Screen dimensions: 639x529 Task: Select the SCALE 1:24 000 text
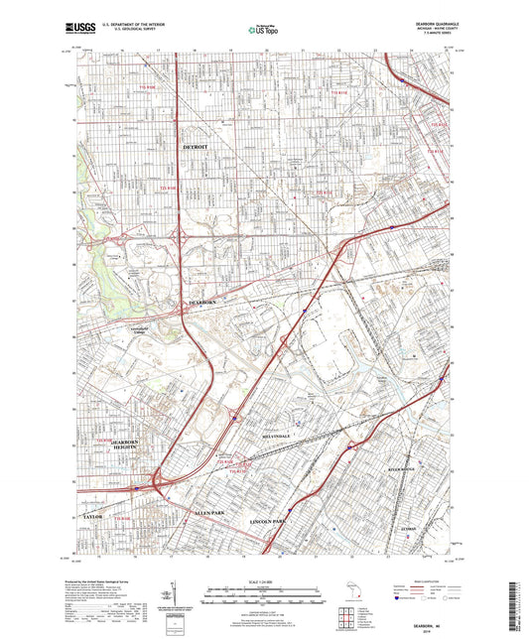pos(264,581)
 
